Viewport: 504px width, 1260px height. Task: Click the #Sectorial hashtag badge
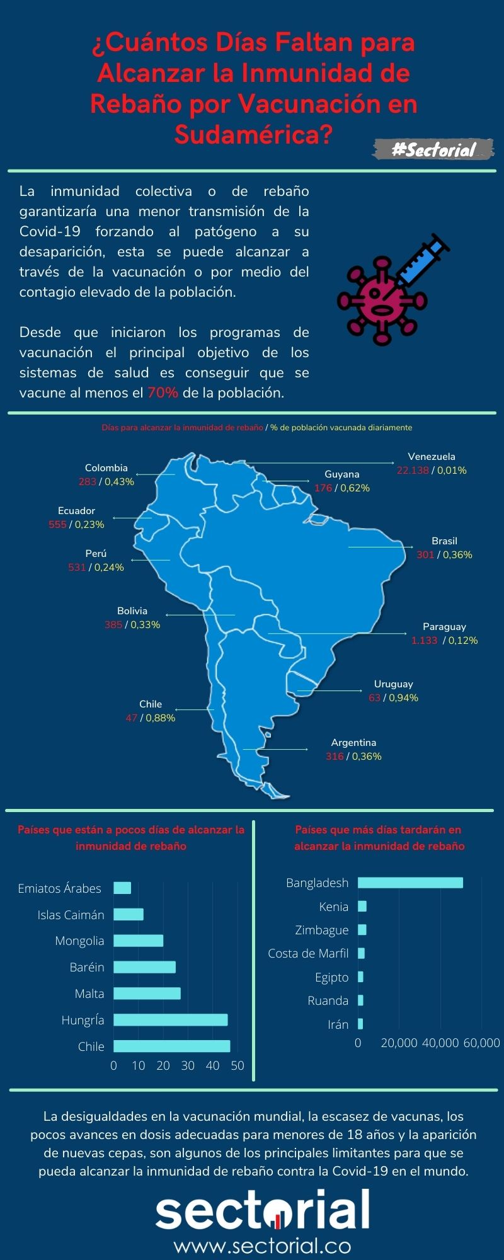pyautogui.click(x=433, y=149)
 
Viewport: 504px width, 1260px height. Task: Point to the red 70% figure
pyautogui.click(x=163, y=392)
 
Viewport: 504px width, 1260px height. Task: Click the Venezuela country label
pyautogui.click(x=431, y=456)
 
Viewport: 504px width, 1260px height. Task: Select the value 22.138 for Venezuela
pyautogui.click(x=412, y=470)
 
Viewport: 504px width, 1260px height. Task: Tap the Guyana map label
pyautogui.click(x=341, y=474)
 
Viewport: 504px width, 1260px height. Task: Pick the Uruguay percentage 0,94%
pyautogui.click(x=403, y=697)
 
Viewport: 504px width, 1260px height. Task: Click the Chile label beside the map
pyautogui.click(x=151, y=704)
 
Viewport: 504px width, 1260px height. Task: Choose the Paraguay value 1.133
pyautogui.click(x=424, y=640)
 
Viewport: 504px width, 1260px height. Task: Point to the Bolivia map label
pyautogui.click(x=132, y=610)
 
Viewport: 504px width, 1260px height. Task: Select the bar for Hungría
pyautogui.click(x=170, y=1020)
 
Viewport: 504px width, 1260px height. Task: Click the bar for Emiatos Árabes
pyautogui.click(x=122, y=888)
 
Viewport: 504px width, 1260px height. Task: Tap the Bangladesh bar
pyautogui.click(x=410, y=883)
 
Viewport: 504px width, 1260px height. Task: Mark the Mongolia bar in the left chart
pyautogui.click(x=138, y=941)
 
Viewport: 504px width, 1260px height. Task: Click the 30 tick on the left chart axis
pyautogui.click(x=188, y=1065)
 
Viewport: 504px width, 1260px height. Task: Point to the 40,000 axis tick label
pyautogui.click(x=440, y=1043)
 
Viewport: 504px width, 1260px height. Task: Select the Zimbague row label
pyautogui.click(x=322, y=930)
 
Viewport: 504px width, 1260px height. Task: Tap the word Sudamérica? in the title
pyautogui.click(x=253, y=134)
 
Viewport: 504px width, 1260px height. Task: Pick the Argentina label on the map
pyautogui.click(x=353, y=742)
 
